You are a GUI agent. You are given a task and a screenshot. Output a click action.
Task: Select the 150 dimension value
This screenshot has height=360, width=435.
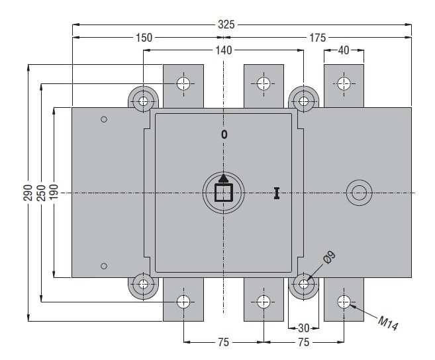point(144,38)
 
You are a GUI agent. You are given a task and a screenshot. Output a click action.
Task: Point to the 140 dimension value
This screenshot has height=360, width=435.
point(223,50)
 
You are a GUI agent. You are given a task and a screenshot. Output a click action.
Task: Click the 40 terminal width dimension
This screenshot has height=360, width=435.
point(343,50)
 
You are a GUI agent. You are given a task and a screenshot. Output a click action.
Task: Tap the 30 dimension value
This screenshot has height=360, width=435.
point(304,328)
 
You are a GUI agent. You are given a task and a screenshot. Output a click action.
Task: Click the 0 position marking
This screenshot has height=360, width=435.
point(224,134)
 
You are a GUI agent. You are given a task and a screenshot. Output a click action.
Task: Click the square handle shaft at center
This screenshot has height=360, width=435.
point(224,193)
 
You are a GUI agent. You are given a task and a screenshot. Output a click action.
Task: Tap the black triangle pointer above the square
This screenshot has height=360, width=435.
point(224,177)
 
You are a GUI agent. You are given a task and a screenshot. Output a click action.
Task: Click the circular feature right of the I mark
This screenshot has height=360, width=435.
point(359,193)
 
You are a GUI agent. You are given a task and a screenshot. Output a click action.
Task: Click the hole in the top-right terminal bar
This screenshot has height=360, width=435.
point(344,83)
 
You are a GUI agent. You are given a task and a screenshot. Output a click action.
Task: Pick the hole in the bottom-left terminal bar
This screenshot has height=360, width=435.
point(184,302)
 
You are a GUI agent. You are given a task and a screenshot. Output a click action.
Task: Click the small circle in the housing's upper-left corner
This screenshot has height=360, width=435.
point(103,120)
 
